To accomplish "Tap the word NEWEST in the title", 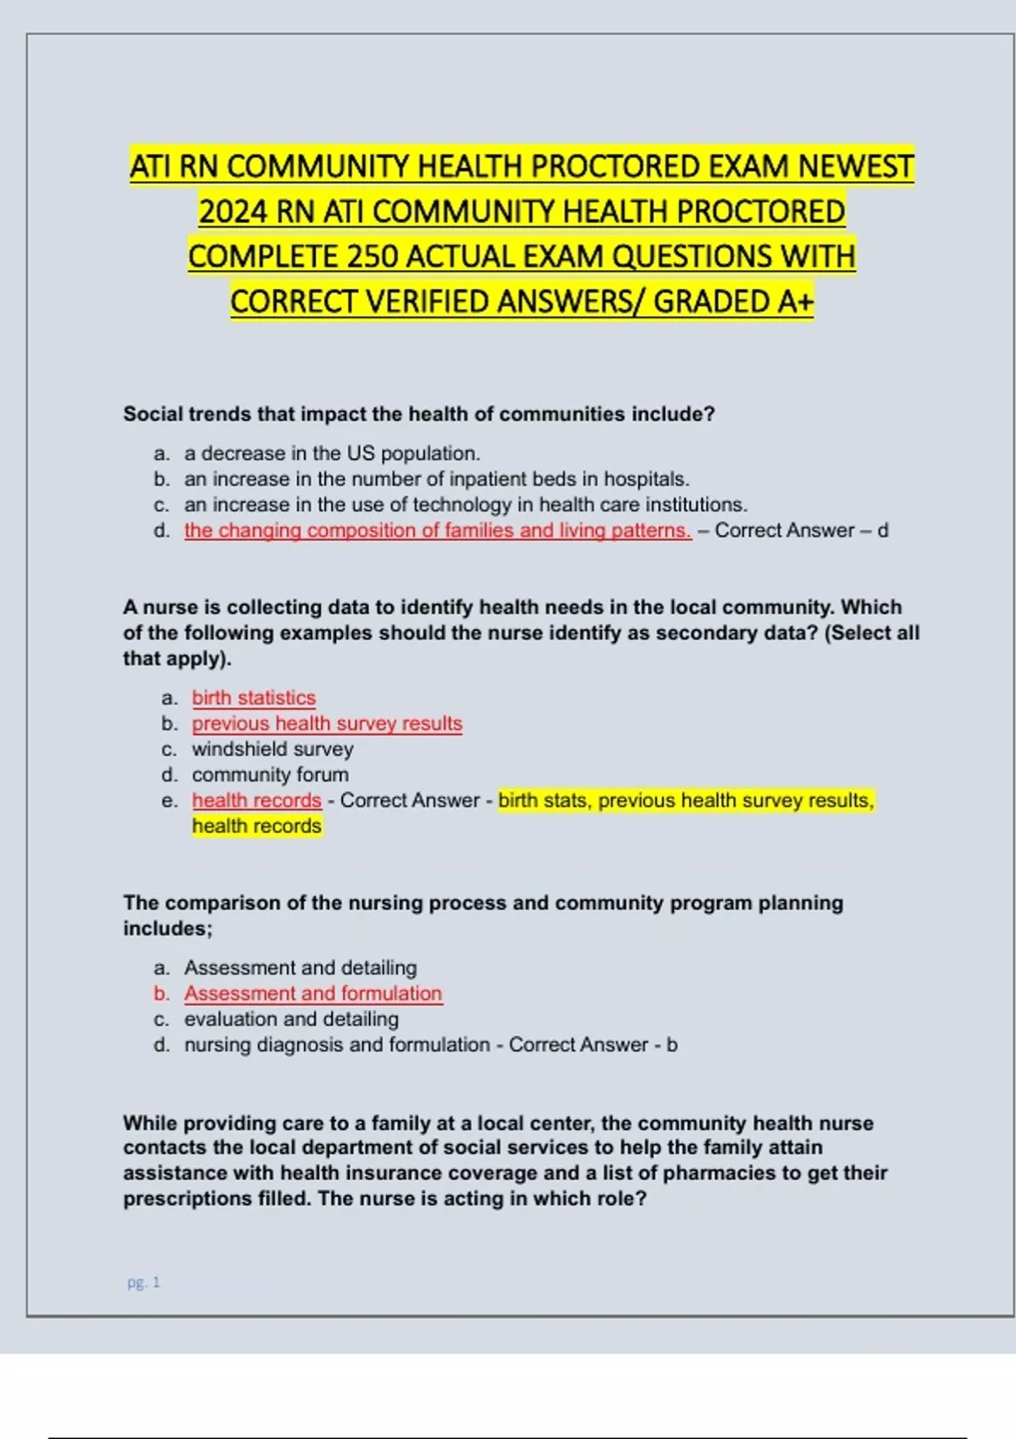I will tap(856, 166).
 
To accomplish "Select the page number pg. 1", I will tap(143, 1282).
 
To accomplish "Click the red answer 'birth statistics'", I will tap(253, 697).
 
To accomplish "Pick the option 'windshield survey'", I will tap(272, 749).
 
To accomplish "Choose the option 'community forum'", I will tap(269, 775).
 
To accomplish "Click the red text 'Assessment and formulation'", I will tap(312, 993).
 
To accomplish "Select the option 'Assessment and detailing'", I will tap(300, 968).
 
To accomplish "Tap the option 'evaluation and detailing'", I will tap(290, 1019).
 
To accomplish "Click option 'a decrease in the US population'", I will tap(331, 454).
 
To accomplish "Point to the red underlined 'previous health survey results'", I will tap(327, 724).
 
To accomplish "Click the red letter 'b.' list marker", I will tap(162, 993).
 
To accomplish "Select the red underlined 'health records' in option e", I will tap(256, 800).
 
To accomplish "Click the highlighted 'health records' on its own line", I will tap(256, 826).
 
